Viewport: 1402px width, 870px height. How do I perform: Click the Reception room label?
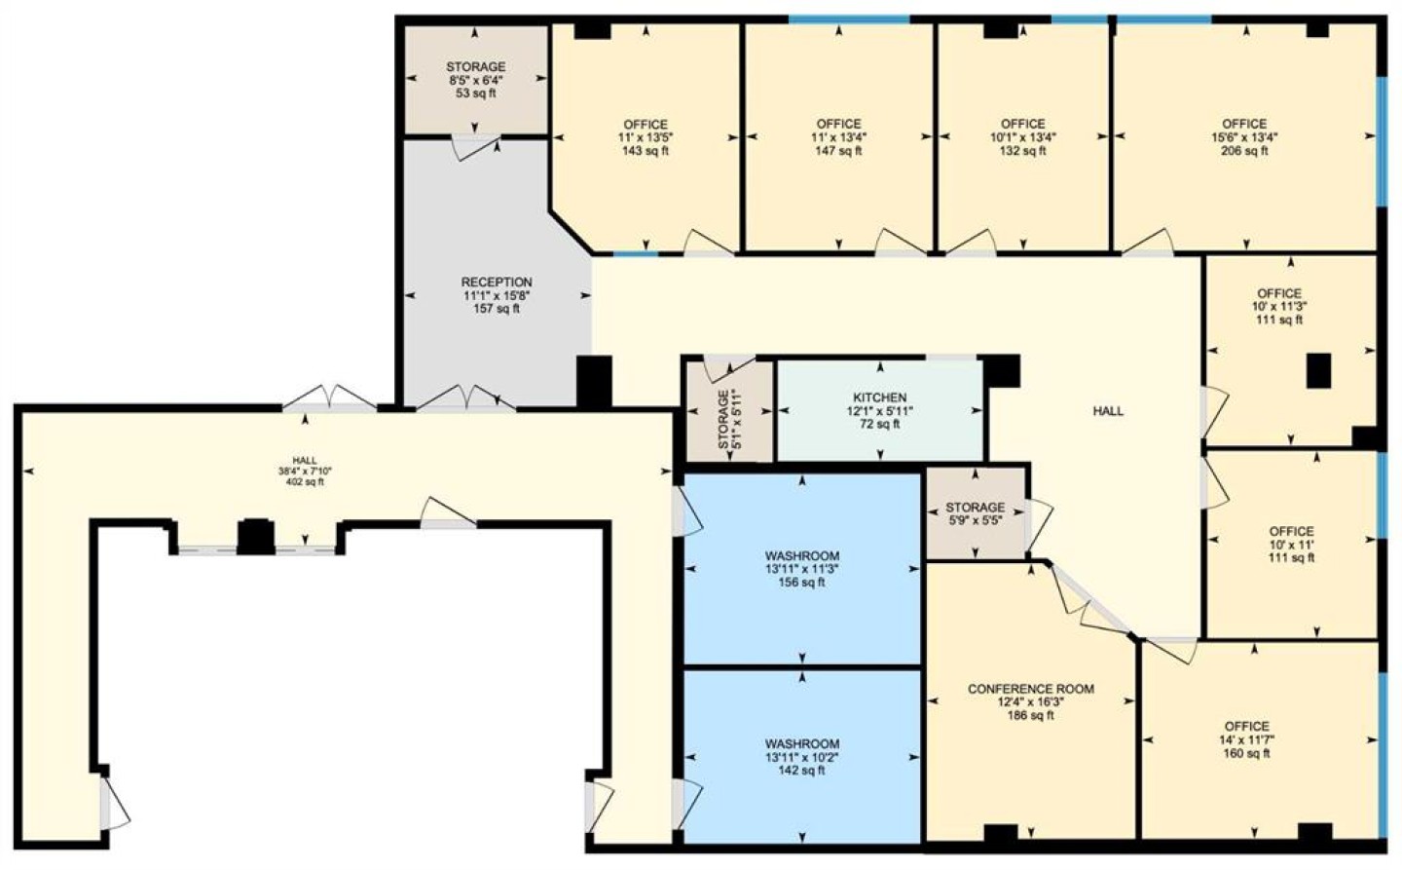pyautogui.click(x=497, y=283)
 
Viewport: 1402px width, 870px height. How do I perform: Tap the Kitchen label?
pyautogui.click(x=879, y=397)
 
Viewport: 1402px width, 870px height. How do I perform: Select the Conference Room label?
pyautogui.click(x=1031, y=689)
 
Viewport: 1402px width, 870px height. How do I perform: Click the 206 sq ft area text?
pyautogui.click(x=1244, y=151)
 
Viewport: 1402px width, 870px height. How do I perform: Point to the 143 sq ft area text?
pyautogui.click(x=646, y=151)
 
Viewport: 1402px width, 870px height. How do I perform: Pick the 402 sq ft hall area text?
pyautogui.click(x=305, y=482)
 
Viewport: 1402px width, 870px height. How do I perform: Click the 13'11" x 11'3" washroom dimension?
pyautogui.click(x=802, y=569)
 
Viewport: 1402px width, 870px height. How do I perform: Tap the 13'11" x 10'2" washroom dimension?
pyautogui.click(x=802, y=757)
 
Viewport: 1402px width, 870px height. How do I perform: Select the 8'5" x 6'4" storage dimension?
pyautogui.click(x=476, y=80)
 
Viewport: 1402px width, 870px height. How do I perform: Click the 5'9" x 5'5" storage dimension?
pyautogui.click(x=976, y=520)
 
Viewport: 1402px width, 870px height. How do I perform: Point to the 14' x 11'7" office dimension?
pyautogui.click(x=1247, y=739)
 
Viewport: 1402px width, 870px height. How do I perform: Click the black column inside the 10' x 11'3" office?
pyautogui.click(x=1318, y=371)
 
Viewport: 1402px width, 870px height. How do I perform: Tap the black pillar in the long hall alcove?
pyautogui.click(x=255, y=537)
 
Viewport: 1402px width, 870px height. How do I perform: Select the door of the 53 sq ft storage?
pyautogui.click(x=476, y=146)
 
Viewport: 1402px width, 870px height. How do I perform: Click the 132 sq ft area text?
pyautogui.click(x=1022, y=151)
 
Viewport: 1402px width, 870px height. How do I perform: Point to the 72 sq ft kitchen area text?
pyautogui.click(x=879, y=424)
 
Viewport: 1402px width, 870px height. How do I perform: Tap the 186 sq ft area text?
pyautogui.click(x=1031, y=715)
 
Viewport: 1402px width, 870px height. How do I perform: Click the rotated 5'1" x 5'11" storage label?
pyautogui.click(x=730, y=420)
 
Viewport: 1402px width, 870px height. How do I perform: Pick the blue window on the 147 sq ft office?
pyautogui.click(x=849, y=19)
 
